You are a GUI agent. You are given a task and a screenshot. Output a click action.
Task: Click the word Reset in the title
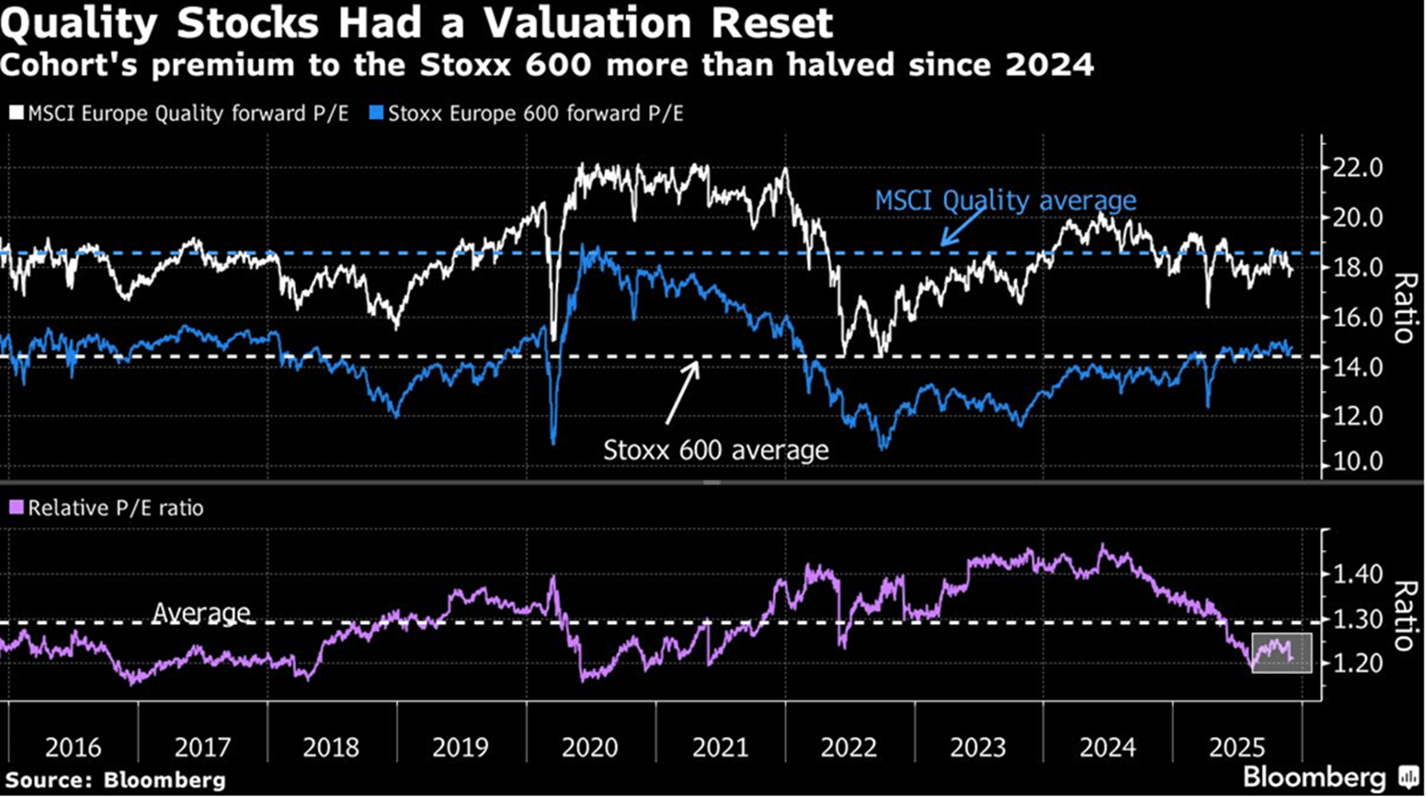(771, 23)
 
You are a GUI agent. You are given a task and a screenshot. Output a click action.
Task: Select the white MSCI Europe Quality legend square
(16, 113)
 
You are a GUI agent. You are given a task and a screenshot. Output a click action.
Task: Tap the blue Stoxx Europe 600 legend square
(376, 113)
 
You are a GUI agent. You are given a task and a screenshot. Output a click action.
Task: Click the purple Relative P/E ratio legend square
(16, 508)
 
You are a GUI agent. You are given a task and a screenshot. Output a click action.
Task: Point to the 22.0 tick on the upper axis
(1358, 168)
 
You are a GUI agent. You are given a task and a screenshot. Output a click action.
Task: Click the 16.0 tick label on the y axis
(1358, 317)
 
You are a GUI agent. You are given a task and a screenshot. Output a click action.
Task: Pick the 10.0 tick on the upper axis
(1358, 462)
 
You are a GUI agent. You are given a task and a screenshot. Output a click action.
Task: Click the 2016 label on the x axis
(73, 748)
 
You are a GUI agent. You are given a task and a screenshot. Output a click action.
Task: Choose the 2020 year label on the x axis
(590, 748)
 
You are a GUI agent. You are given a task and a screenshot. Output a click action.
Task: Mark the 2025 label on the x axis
(1236, 748)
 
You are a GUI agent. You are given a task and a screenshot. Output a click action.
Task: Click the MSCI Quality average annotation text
(1005, 200)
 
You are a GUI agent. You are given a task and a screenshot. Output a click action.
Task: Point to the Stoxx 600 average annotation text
(715, 450)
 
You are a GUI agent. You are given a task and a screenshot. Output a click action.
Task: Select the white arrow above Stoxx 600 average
(682, 392)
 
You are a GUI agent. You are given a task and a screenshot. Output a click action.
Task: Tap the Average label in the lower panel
(201, 612)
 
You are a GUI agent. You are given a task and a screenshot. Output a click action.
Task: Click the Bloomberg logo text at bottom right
(1313, 777)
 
